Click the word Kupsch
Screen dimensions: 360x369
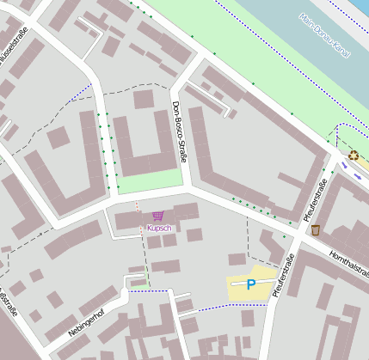(159, 228)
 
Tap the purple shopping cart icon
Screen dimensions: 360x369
(157, 216)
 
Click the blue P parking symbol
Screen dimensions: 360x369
(251, 284)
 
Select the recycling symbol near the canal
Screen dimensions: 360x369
(354, 156)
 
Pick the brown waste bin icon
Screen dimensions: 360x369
(316, 229)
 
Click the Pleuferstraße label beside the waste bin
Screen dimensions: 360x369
(316, 203)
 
